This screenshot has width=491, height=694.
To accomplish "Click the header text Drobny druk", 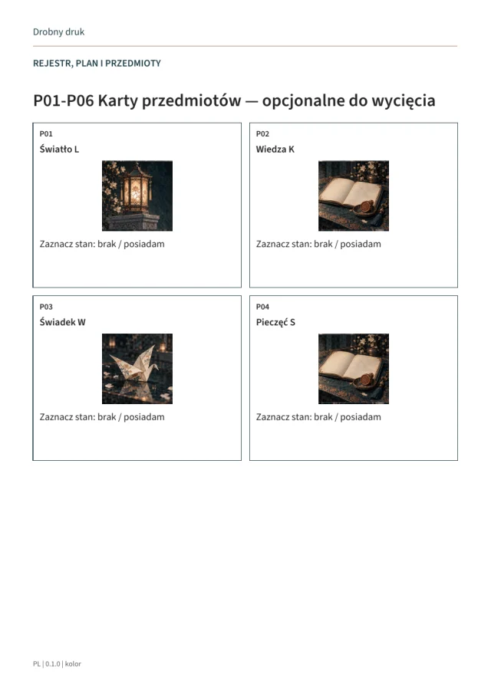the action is click(58, 32).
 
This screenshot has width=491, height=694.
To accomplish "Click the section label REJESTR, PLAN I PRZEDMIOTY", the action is click(97, 64).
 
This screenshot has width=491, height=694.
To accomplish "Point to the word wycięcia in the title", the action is click(404, 101).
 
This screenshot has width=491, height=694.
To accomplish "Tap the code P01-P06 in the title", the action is click(64, 101).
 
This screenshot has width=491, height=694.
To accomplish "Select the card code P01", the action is click(46, 133).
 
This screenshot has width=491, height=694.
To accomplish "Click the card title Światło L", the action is click(59, 150).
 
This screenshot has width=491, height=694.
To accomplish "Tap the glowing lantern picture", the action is click(137, 196).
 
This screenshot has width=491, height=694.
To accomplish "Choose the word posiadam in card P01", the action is click(144, 244).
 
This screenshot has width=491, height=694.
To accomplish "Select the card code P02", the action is click(262, 133).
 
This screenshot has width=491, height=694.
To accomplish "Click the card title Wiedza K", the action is click(275, 150).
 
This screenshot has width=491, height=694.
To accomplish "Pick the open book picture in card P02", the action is click(354, 196).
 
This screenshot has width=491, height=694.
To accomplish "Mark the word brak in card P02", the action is click(323, 244).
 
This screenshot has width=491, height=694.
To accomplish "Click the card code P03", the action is click(46, 307).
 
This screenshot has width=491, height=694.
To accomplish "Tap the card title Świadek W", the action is click(62, 322).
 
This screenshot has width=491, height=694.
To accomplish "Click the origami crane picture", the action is click(137, 369).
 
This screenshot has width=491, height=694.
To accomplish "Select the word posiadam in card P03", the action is click(144, 417).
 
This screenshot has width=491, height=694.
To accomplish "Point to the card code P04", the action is click(262, 307).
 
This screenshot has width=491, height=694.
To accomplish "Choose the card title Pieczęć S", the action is click(275, 322).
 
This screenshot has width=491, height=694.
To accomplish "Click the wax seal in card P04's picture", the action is click(367, 380).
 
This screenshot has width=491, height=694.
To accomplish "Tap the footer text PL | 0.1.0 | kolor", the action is click(57, 664).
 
